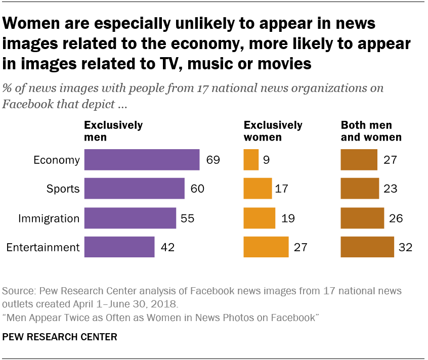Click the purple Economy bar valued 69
click(x=142, y=160)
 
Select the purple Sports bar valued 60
click(x=134, y=189)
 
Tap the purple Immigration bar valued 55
click(x=130, y=218)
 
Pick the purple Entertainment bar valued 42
click(x=119, y=247)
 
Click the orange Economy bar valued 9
click(x=251, y=160)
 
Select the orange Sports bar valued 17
click(x=258, y=189)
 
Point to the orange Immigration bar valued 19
click(x=259, y=218)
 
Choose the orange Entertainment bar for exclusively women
click(x=266, y=247)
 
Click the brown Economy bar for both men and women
click(x=359, y=160)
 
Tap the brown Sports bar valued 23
click(x=360, y=189)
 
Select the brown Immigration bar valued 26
click(x=362, y=218)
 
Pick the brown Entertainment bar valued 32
click(x=367, y=247)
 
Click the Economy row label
click(x=57, y=160)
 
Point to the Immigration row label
click(x=49, y=218)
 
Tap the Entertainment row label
click(x=43, y=247)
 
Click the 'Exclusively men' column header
click(x=113, y=131)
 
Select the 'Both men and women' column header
click(x=371, y=131)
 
